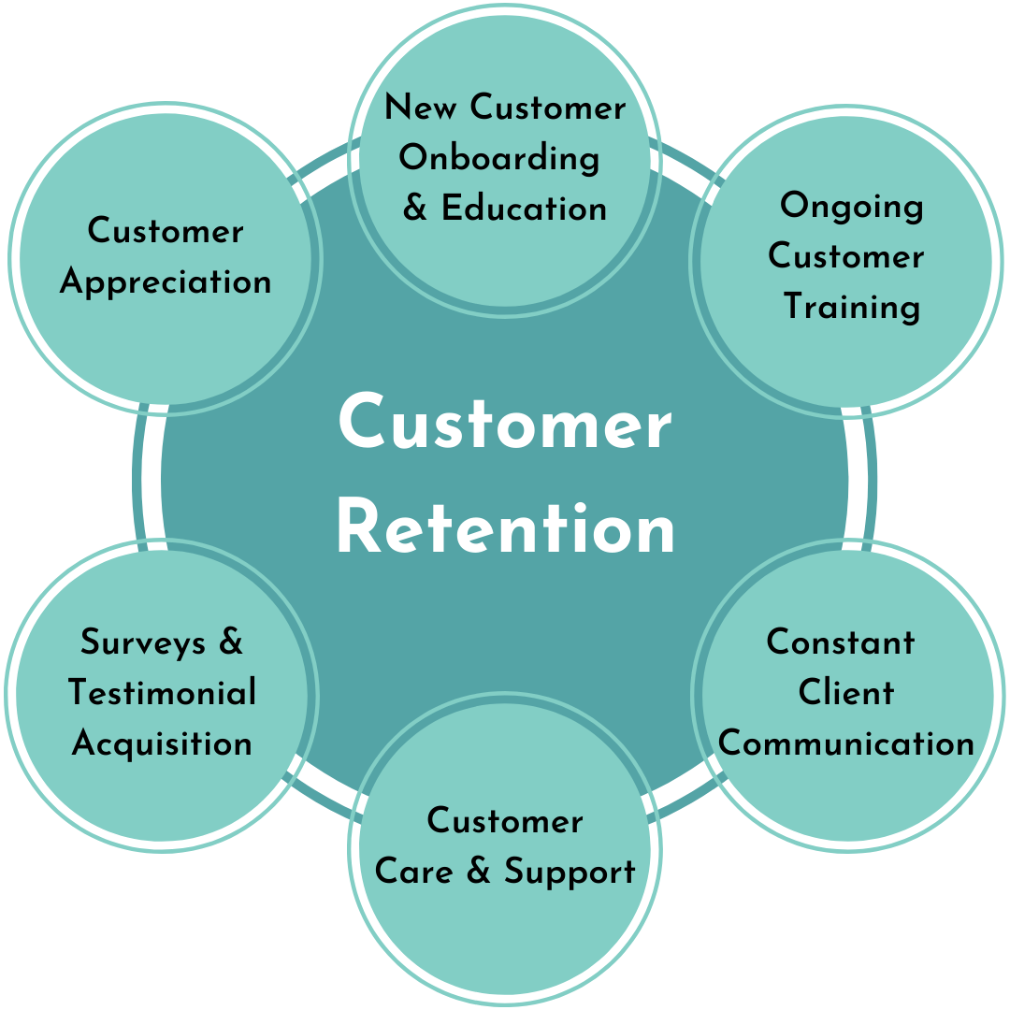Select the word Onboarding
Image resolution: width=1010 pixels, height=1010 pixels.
pyautogui.click(x=499, y=158)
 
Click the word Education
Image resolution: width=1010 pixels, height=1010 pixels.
pyautogui.click(x=525, y=208)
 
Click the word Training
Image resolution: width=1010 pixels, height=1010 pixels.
pyautogui.click(x=852, y=307)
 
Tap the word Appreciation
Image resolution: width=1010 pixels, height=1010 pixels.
pyautogui.click(x=166, y=281)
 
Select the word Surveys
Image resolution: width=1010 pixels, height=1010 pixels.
pyautogui.click(x=143, y=642)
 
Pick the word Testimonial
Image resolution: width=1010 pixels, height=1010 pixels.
pyautogui.click(x=162, y=693)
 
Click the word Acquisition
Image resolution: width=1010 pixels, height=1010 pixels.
pyautogui.click(x=162, y=743)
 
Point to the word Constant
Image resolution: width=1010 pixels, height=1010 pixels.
pyautogui.click(x=841, y=642)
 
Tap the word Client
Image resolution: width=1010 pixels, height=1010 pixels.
pyautogui.click(x=846, y=693)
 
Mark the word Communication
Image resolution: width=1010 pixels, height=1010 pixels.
pyautogui.click(x=846, y=743)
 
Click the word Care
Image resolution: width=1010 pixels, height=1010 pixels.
pyautogui.click(x=413, y=871)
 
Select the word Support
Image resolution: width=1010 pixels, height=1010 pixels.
pyautogui.click(x=570, y=873)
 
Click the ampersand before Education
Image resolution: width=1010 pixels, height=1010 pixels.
pyautogui.click(x=415, y=208)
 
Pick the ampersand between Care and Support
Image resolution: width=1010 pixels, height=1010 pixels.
pyautogui.click(x=478, y=871)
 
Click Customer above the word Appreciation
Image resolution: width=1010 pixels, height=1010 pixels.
pyautogui.click(x=166, y=231)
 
